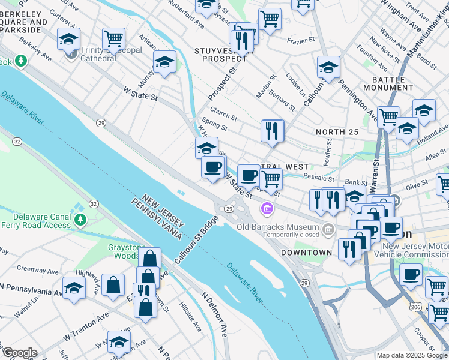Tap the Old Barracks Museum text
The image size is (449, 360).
click(x=277, y=227)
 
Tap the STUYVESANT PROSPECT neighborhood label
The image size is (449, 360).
click(x=224, y=54)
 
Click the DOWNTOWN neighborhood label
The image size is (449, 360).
click(x=307, y=253)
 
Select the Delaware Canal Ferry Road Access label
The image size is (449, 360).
click(x=36, y=221)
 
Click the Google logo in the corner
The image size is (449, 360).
click(x=19, y=352)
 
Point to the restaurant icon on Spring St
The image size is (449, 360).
click(x=272, y=131)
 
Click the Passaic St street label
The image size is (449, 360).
click(x=319, y=178)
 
